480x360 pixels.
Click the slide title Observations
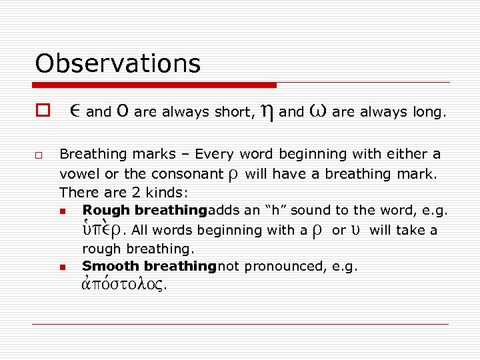117,64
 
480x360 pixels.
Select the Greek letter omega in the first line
317,111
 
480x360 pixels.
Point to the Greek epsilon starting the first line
75,112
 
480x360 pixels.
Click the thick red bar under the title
155,85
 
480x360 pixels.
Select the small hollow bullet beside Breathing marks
39,156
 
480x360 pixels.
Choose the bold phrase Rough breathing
144,211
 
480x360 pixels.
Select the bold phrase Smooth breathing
149,266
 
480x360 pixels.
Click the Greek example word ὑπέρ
101,229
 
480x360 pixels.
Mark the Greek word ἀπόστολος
124,285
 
